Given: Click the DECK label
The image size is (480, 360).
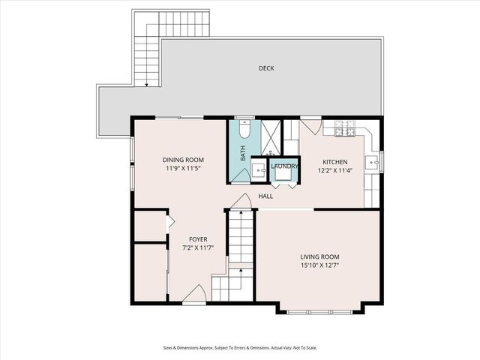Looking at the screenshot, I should [266, 68].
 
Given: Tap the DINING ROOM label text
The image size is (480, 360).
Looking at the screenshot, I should [183, 160].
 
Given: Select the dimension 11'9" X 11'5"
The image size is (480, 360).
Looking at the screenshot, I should [183, 169].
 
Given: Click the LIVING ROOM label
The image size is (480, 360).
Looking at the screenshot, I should [319, 256].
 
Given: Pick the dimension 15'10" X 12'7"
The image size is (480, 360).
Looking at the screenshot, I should [319, 265].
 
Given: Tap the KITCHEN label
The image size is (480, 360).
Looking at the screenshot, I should [334, 162].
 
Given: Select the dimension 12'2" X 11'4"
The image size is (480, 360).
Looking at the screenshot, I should [334, 171].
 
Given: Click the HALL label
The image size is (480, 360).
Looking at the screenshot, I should [265, 196].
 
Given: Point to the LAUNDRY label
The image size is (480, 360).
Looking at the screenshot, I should [285, 166].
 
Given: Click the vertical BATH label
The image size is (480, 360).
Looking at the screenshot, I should [242, 154].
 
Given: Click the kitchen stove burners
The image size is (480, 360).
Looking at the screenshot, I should [344, 133].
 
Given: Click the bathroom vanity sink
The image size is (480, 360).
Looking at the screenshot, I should [259, 171].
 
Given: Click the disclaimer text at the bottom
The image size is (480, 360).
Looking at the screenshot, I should [240, 347].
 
